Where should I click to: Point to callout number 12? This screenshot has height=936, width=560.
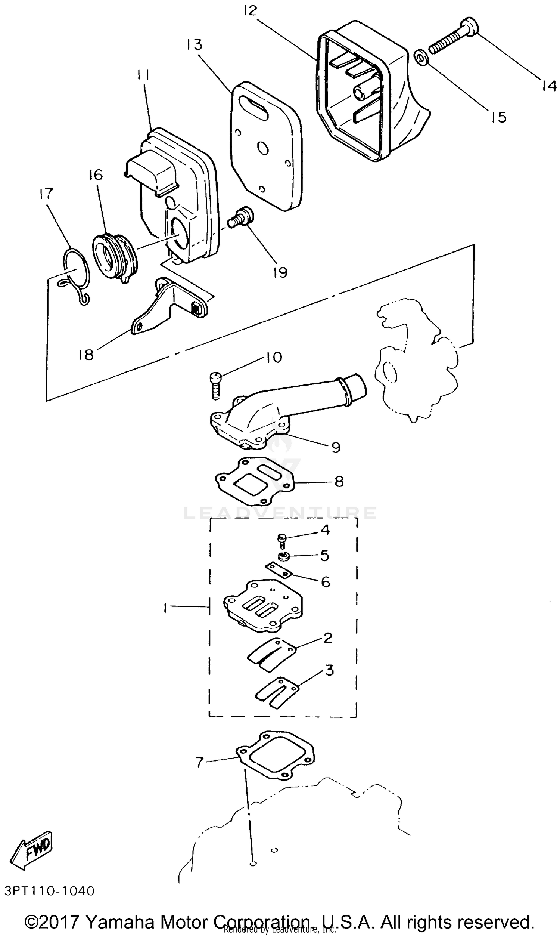tap(250, 11)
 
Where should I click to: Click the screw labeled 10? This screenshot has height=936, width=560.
tap(216, 385)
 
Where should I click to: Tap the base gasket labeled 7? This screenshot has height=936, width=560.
tap(276, 755)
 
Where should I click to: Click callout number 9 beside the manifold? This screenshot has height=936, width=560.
tap(336, 447)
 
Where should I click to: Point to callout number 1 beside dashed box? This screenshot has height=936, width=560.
tap(165, 608)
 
